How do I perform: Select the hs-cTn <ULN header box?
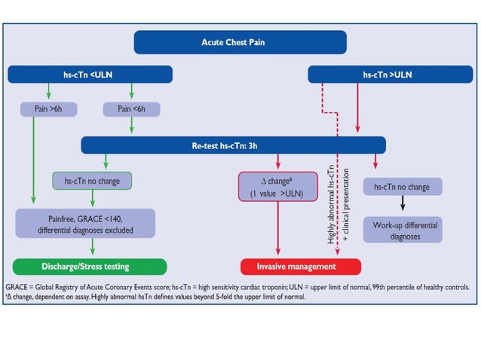pos(90,75)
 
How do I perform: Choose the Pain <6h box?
pos(131,110)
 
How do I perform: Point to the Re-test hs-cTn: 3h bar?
pos(233,145)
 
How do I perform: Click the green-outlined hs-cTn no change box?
pos(91,181)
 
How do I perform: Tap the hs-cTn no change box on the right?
pos(402,186)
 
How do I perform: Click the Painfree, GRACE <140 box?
pos(85,223)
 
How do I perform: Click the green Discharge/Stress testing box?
pos(90,266)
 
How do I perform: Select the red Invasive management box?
pos(301,266)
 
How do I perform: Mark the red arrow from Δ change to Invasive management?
pos(279,230)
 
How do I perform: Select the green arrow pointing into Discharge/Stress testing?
pos(91,248)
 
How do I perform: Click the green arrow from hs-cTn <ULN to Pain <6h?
pos(131,92)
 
